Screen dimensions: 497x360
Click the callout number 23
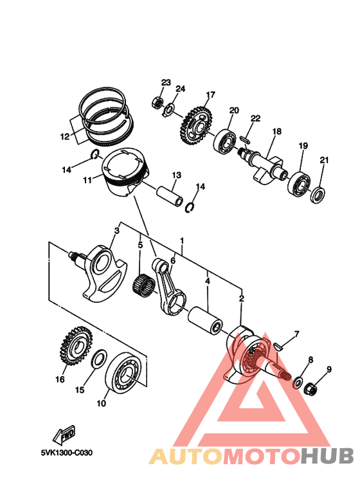[x=166, y=83]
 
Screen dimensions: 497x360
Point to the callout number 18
[x=276, y=131]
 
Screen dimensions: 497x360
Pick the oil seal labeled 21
[x=318, y=194]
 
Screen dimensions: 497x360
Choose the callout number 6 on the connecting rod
[x=172, y=261]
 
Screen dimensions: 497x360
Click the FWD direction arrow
[x=66, y=437]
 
